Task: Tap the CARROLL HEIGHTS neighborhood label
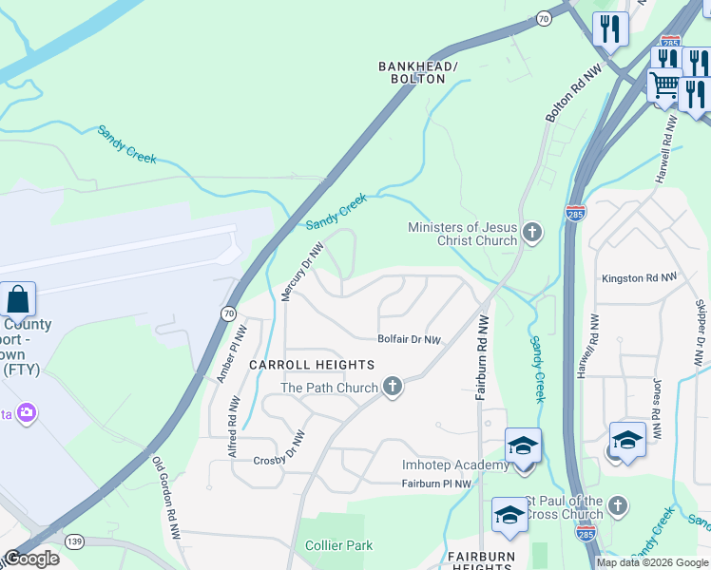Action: [312, 365]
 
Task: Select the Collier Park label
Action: [338, 545]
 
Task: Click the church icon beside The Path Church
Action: [392, 386]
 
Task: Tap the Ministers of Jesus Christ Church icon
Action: [532, 232]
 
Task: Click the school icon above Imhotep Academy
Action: [523, 445]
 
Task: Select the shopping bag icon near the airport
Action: [18, 299]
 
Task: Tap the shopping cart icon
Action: [664, 87]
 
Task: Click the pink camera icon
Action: [27, 412]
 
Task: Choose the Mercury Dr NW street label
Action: [303, 272]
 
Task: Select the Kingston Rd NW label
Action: [639, 278]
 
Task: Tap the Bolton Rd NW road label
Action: [562, 94]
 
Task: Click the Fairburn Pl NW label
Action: [436, 484]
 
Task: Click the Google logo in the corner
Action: [30, 558]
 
